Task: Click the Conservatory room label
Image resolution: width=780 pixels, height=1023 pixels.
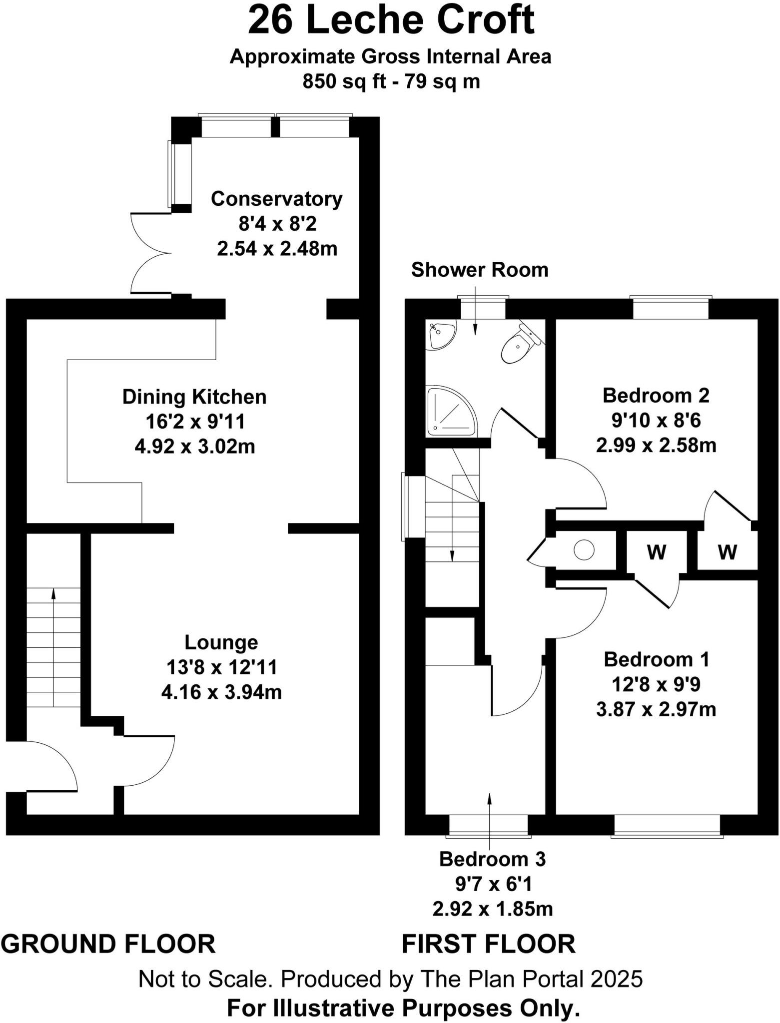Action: tap(276, 199)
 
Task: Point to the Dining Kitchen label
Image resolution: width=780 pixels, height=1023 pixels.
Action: tap(194, 397)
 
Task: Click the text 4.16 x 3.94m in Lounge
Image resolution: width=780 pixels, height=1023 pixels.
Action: tap(221, 692)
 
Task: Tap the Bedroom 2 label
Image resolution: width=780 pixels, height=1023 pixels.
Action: tap(656, 395)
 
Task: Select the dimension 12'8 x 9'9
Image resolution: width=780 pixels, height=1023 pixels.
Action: tap(656, 684)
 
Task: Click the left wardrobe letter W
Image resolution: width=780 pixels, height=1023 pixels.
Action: tap(656, 552)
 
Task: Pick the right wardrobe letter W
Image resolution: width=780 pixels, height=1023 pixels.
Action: tap(727, 552)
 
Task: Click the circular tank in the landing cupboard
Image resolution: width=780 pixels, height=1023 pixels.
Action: tap(584, 550)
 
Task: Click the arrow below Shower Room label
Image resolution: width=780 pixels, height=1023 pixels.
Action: tap(475, 310)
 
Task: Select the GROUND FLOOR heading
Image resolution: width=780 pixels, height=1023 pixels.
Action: tap(108, 944)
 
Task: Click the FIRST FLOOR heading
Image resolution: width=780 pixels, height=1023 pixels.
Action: tap(488, 944)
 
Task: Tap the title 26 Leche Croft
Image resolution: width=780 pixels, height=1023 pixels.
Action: tap(391, 21)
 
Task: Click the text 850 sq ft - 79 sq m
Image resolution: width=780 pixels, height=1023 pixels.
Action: tap(391, 81)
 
